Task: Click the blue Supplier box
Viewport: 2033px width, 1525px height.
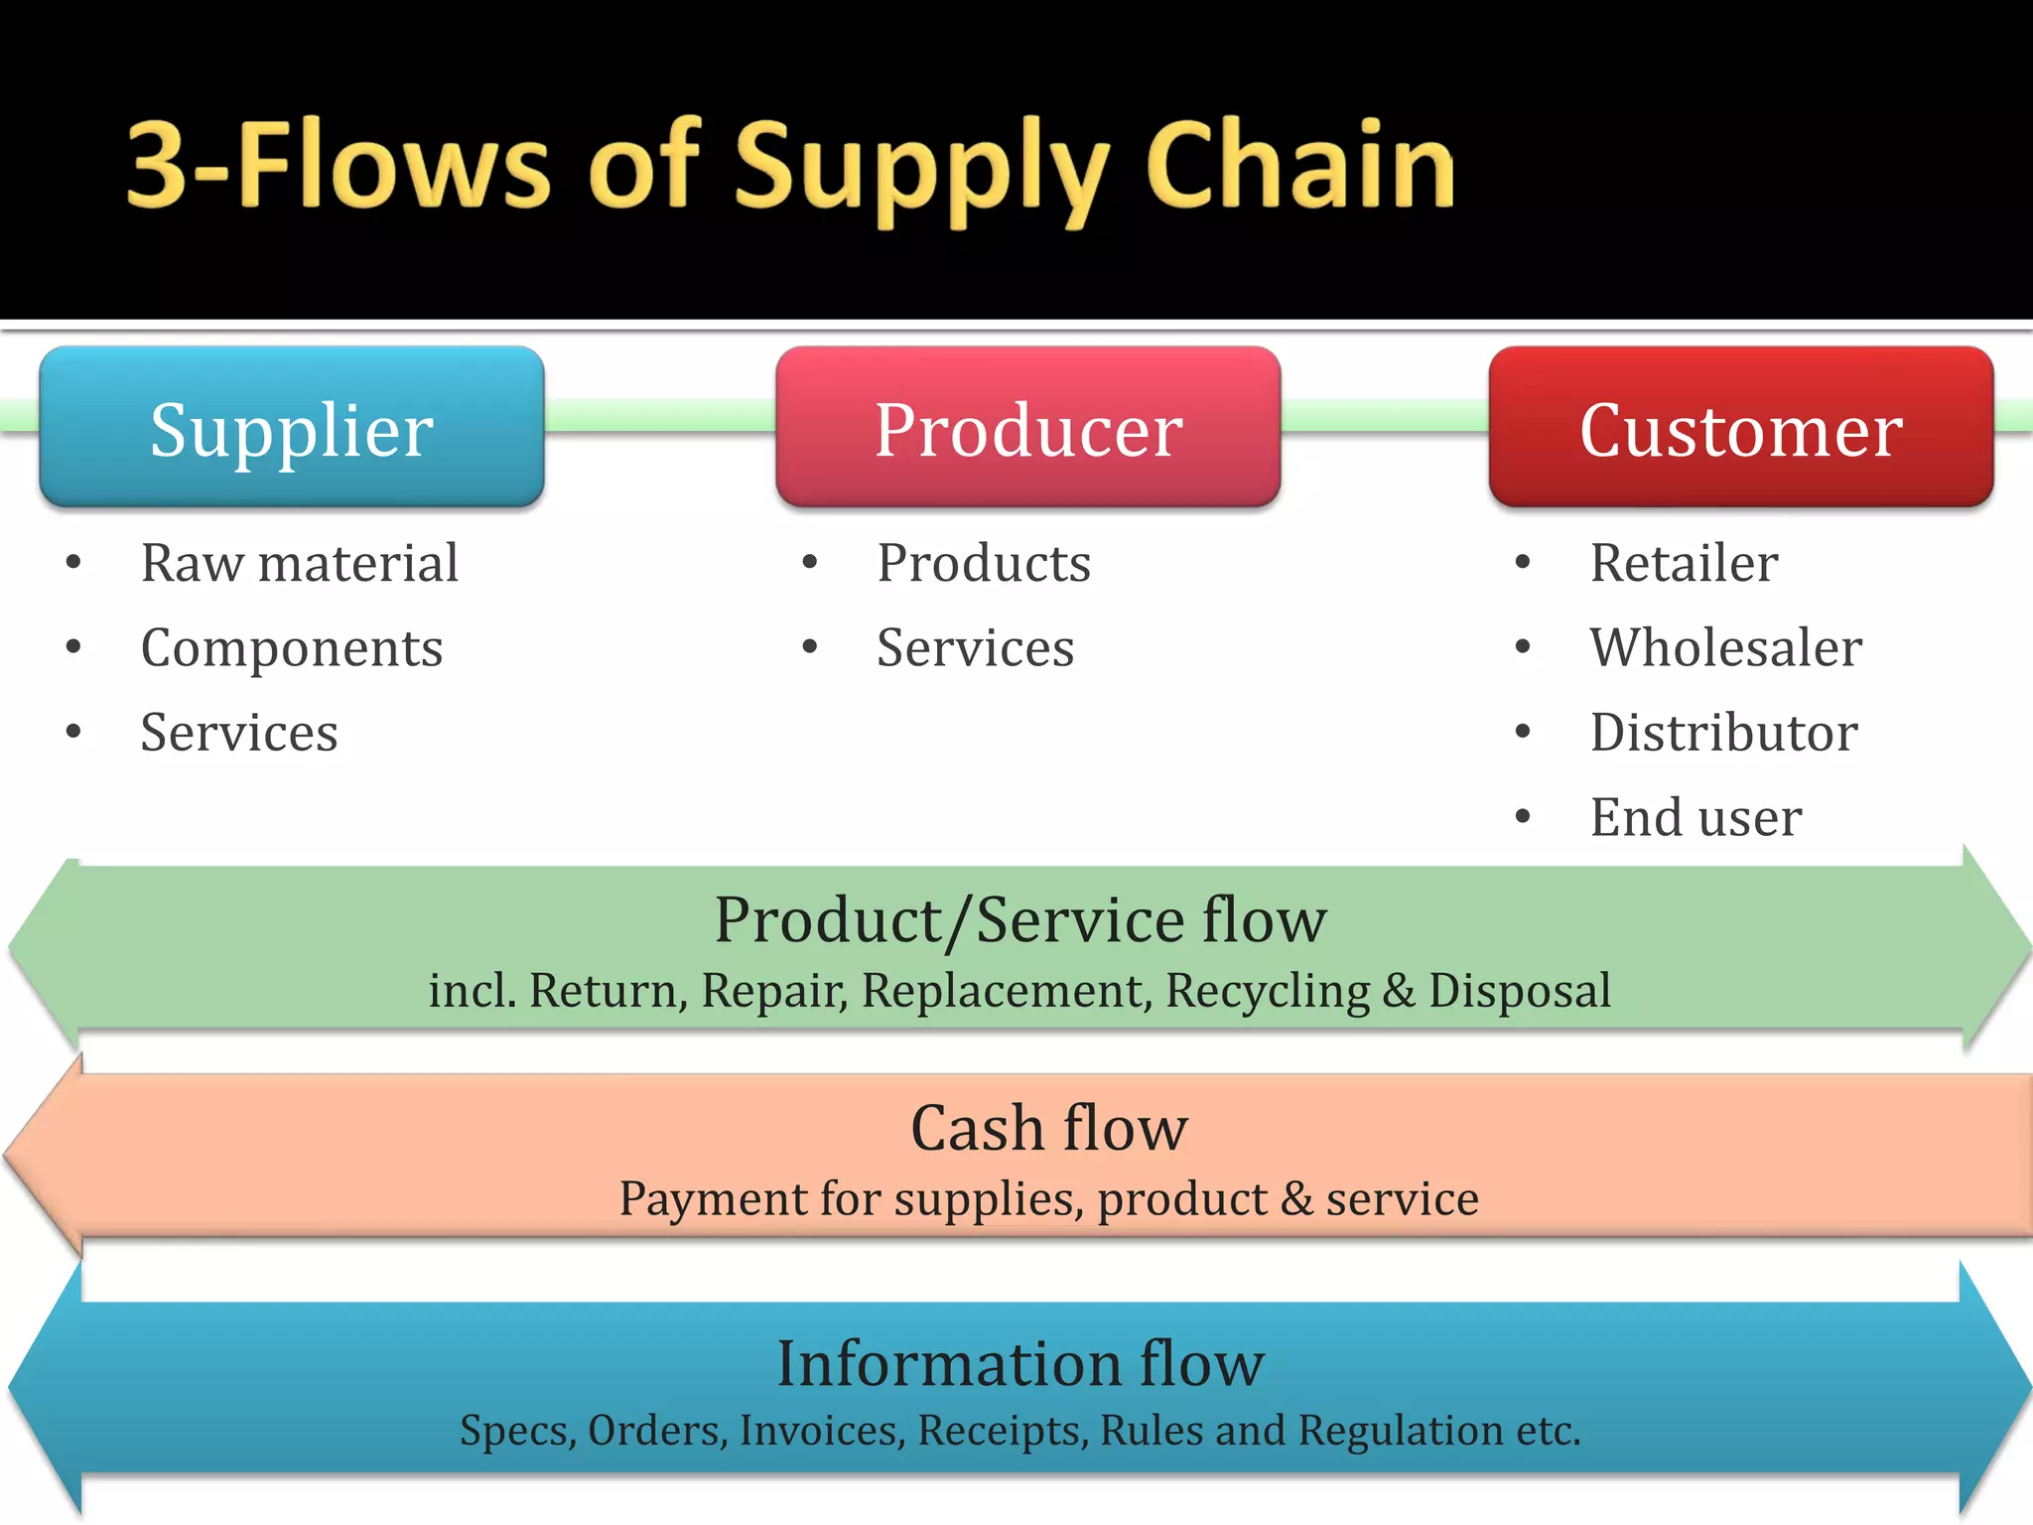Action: pos(292,428)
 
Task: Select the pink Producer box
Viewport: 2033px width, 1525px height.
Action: pos(1027,428)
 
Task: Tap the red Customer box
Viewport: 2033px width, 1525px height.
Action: pos(1740,428)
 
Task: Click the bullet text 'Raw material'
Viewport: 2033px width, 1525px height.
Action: pos(300,563)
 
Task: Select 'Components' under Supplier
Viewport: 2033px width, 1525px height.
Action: pos(292,648)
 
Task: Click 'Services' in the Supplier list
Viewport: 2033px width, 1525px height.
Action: pos(239,733)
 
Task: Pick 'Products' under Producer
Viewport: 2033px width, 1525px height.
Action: pos(984,563)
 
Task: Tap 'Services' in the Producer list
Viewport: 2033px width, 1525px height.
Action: pos(975,648)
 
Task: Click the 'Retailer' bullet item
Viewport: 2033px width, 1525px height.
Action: pos(1684,563)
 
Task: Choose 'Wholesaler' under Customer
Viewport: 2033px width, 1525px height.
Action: pos(1725,648)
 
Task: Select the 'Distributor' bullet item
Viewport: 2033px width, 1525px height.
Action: pos(1723,733)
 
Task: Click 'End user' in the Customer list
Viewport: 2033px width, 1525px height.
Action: pos(1695,818)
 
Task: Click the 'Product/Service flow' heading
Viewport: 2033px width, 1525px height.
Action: pos(1019,919)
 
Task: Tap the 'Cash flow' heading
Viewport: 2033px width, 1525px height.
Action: pos(1048,1128)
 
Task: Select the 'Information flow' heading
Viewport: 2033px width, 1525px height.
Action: pos(1019,1363)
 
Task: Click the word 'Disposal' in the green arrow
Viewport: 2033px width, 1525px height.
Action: pos(1519,991)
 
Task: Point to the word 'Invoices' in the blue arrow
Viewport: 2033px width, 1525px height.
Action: pos(821,1431)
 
